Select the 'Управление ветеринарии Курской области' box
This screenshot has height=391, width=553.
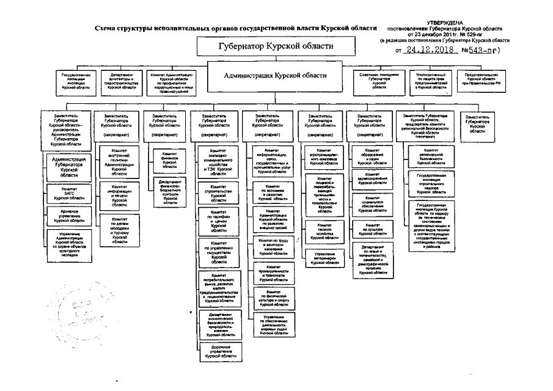click(323, 257)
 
